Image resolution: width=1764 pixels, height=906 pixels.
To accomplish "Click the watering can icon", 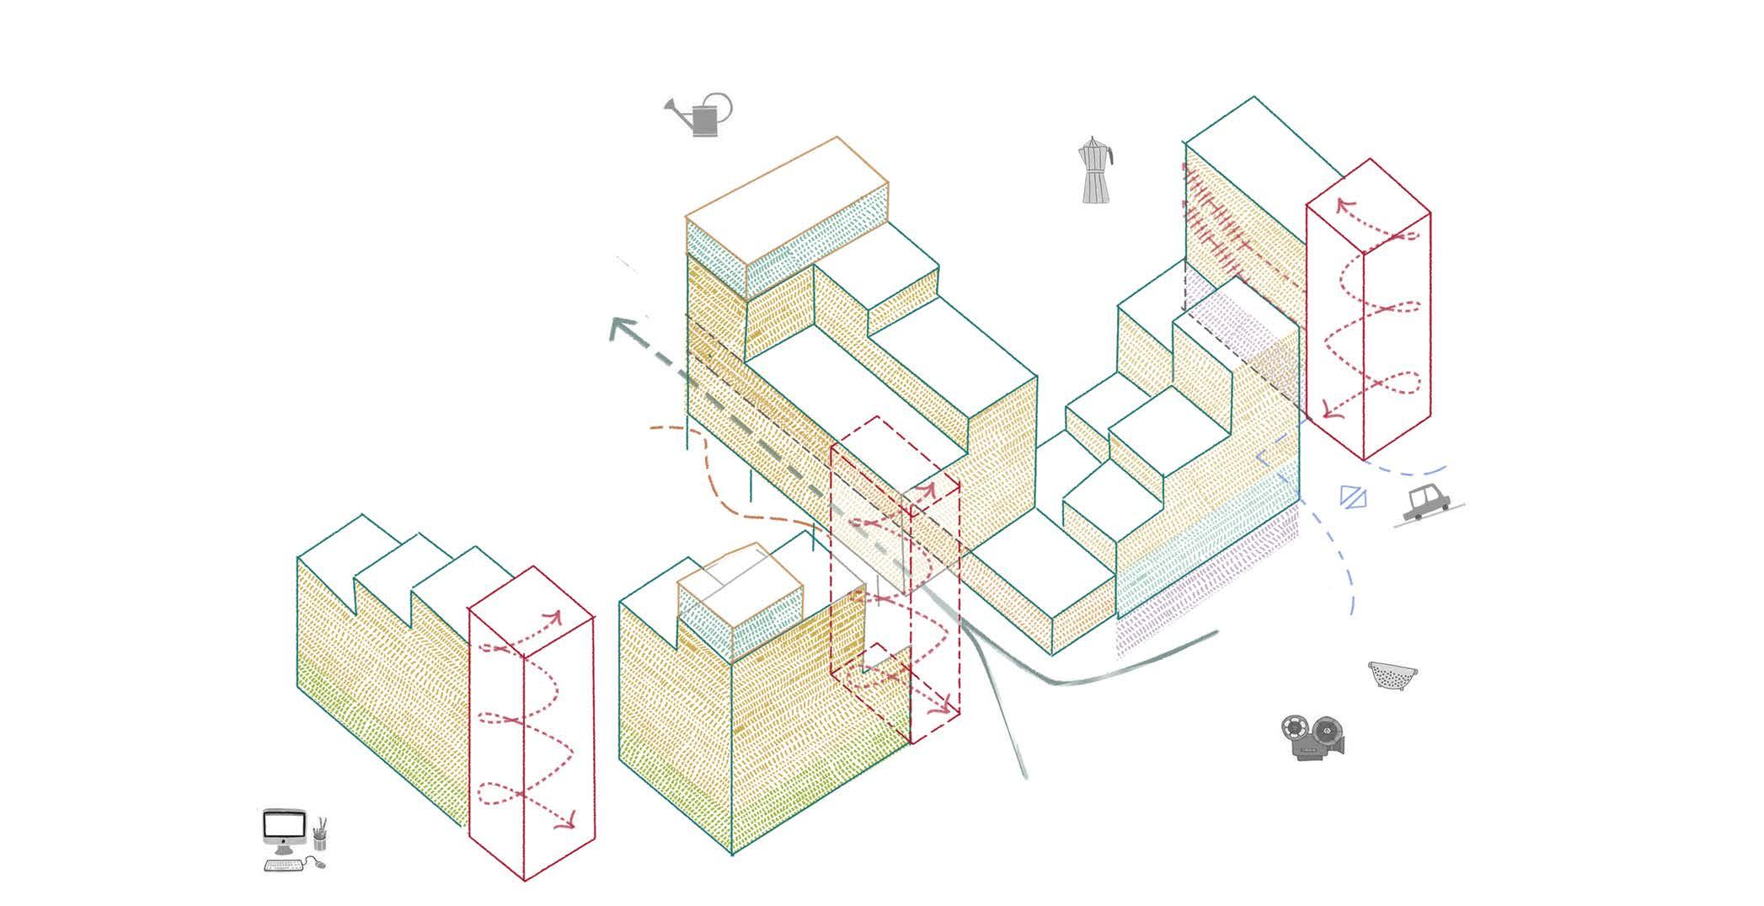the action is click(703, 116).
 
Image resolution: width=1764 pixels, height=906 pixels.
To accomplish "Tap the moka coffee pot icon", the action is click(1095, 172).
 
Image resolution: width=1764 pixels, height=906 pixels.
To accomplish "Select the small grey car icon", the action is click(1425, 503).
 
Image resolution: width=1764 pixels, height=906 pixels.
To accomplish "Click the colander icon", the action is click(1392, 674).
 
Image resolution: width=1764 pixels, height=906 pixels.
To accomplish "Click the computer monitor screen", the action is click(284, 824).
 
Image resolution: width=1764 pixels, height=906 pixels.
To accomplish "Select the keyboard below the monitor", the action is click(283, 865).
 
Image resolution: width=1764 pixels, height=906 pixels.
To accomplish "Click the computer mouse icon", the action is click(318, 862).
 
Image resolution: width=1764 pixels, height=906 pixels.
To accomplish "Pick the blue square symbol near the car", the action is click(1352, 496).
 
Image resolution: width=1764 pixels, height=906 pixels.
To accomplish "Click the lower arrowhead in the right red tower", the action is click(1329, 412).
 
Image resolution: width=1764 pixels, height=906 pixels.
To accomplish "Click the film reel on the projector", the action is click(1293, 726).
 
